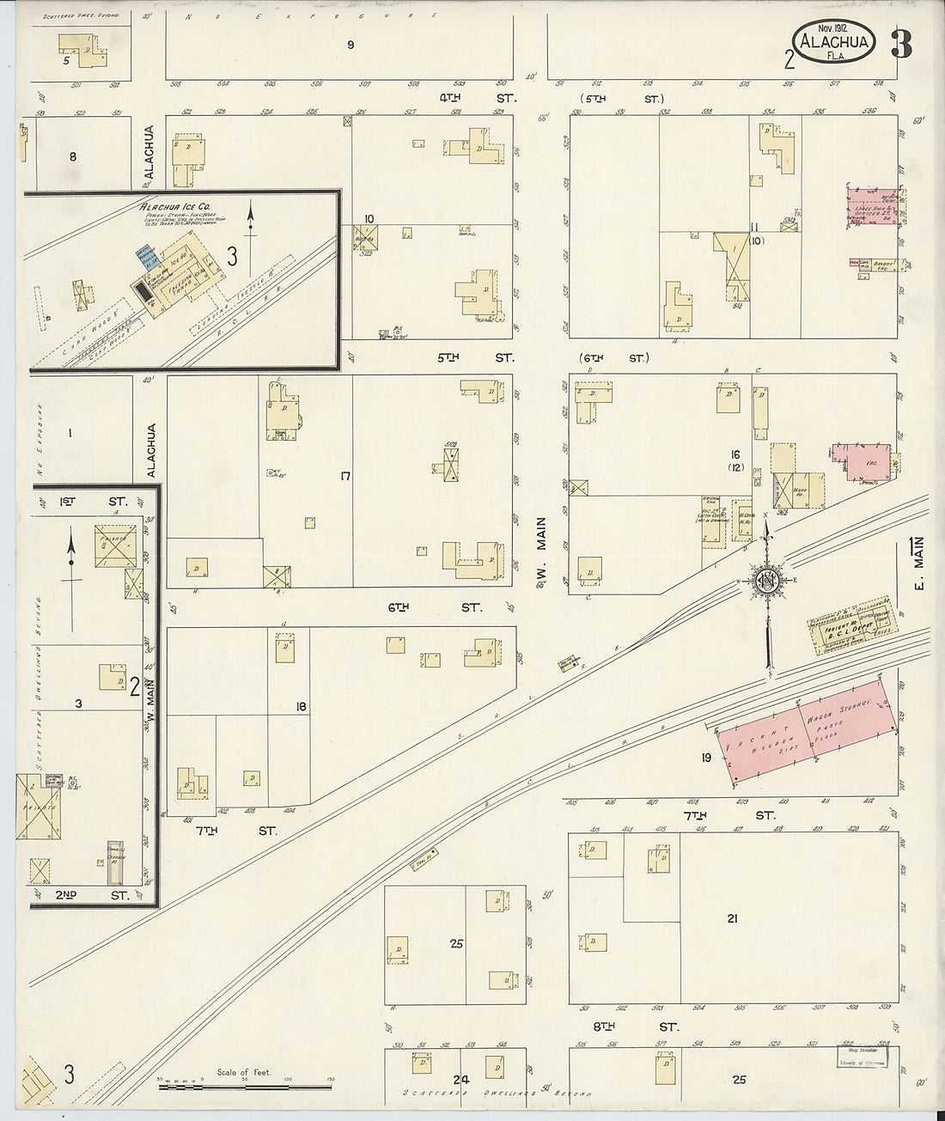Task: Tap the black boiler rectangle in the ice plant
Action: pyautogui.click(x=143, y=291)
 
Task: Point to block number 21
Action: pyautogui.click(x=732, y=918)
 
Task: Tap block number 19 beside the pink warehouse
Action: pyautogui.click(x=705, y=757)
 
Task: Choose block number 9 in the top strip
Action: pyautogui.click(x=351, y=45)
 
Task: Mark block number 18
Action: pyautogui.click(x=301, y=706)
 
